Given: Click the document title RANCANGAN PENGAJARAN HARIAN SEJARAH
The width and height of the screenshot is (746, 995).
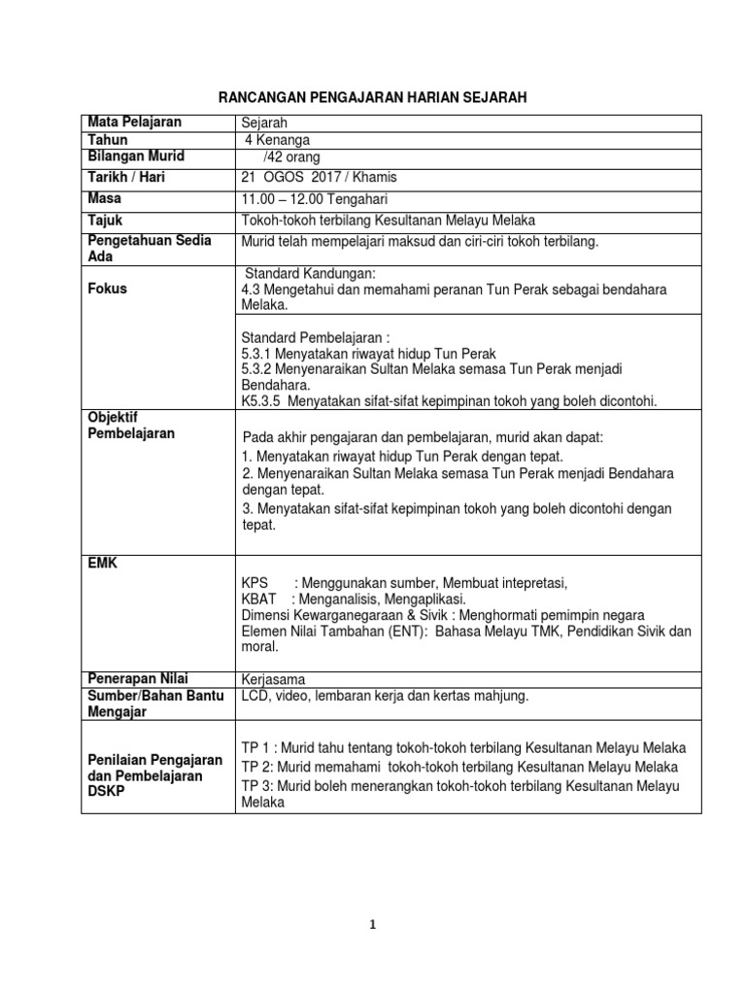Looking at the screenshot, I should pos(373,98).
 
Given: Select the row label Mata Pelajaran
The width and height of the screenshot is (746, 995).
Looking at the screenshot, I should pos(134,122).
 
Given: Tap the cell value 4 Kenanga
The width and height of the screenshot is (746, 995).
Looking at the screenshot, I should pos(278,140).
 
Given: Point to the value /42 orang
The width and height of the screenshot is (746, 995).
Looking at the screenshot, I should pos(291,157).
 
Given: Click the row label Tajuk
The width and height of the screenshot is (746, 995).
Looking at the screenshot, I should pos(105,221).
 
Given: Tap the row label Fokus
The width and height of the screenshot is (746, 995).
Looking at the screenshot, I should pos(107,289).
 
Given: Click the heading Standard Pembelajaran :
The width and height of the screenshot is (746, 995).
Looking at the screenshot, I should pos(315,337).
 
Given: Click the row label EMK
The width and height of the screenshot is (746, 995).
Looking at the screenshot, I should pos(102,563).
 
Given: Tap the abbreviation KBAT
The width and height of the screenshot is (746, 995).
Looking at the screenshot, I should pos(258,599).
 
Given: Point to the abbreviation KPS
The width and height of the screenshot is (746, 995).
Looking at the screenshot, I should pos(254,583).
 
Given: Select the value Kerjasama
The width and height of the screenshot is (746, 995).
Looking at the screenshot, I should pos(273,679).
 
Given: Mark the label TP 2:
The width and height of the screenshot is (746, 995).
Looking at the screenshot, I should pos(258,767).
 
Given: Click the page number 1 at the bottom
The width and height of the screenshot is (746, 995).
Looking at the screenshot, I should pos(373,926).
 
